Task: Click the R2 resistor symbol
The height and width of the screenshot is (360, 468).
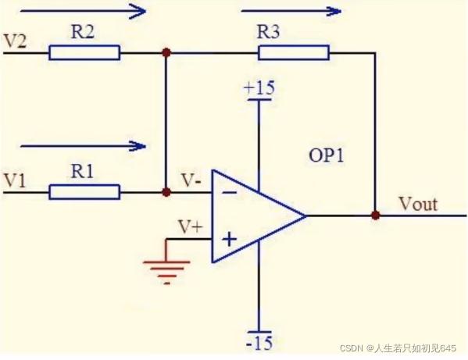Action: point(84,53)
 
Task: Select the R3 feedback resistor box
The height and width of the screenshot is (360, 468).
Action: point(294,53)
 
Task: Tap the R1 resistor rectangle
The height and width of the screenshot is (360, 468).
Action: point(84,192)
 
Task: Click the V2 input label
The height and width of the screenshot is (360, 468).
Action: point(15,41)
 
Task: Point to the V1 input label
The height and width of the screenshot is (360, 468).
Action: point(14,180)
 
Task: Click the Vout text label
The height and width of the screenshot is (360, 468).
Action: point(419,204)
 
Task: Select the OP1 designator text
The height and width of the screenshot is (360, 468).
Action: point(327,155)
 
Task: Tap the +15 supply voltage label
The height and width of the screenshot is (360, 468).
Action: point(259,88)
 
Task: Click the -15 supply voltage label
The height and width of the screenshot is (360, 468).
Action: point(259,342)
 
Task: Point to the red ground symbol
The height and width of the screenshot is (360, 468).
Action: point(166,262)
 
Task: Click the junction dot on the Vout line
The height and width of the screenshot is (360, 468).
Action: point(376,216)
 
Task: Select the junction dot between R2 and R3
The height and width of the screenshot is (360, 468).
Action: point(166,53)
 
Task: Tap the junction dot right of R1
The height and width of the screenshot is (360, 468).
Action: point(166,192)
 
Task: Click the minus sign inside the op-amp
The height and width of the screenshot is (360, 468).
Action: point(230,192)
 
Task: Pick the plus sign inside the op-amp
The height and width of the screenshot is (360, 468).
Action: point(230,239)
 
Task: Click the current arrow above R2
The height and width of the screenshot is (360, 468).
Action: point(84,12)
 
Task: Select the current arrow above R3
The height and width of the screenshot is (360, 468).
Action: point(291,12)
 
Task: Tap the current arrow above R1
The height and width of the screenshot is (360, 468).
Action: point(84,146)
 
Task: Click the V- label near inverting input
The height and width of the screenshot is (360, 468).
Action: point(191,180)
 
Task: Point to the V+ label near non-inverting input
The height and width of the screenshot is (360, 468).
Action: point(191,226)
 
